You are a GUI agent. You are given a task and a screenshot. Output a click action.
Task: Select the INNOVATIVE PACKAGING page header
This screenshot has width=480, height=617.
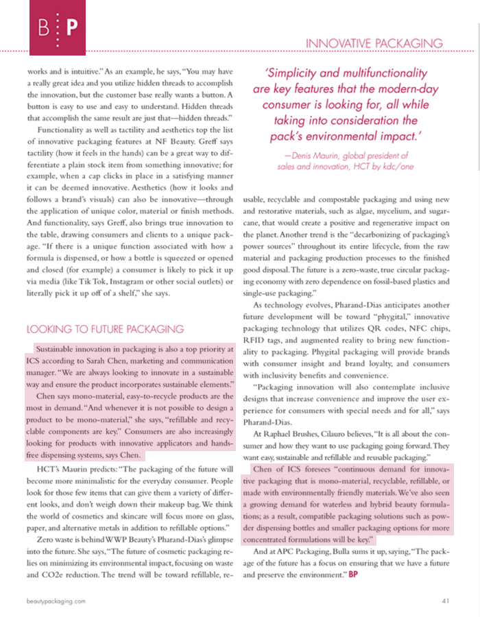374,43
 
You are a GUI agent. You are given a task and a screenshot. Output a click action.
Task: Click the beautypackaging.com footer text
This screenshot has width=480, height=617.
56,601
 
